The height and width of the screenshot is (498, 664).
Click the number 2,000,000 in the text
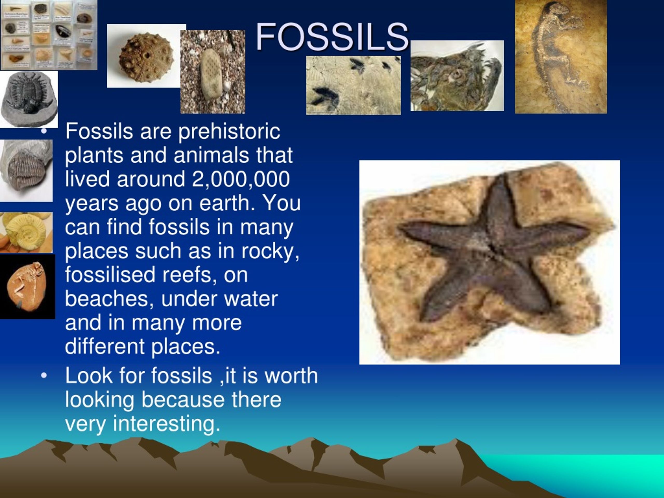pos(240,179)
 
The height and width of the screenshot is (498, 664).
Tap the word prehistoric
pos(229,132)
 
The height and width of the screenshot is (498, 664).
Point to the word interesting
pos(167,423)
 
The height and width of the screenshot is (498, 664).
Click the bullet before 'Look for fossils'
pos(44,376)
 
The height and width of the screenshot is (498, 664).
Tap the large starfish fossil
pos(492,252)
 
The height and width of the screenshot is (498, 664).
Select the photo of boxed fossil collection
pos(49,34)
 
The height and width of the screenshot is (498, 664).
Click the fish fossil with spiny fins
pos(457,76)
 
